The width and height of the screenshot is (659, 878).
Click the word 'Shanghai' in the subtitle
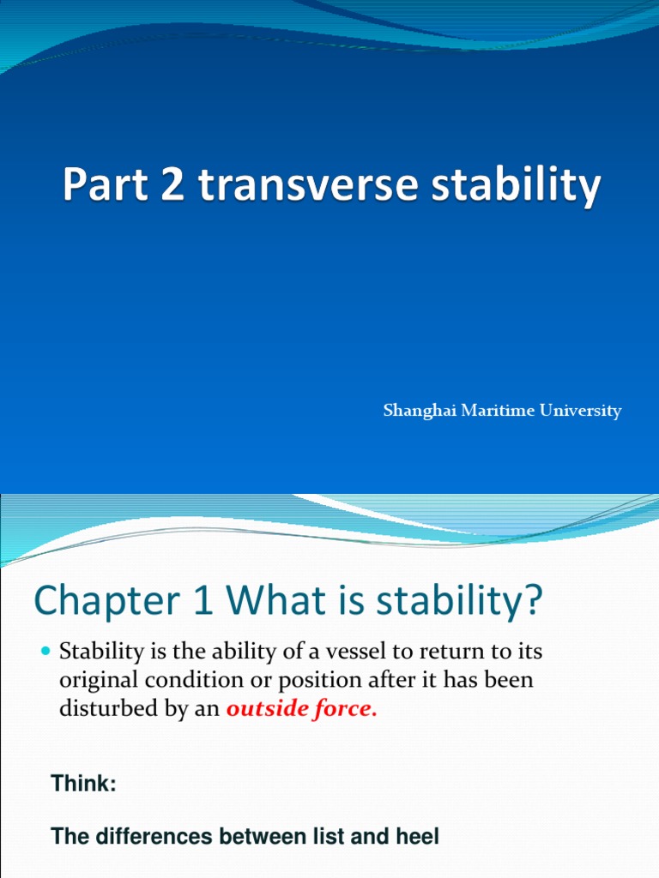pos(415,411)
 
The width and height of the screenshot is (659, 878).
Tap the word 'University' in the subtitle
pos(580,411)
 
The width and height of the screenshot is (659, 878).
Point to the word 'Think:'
pos(83,783)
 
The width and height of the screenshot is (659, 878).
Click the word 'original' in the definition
pos(94,682)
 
